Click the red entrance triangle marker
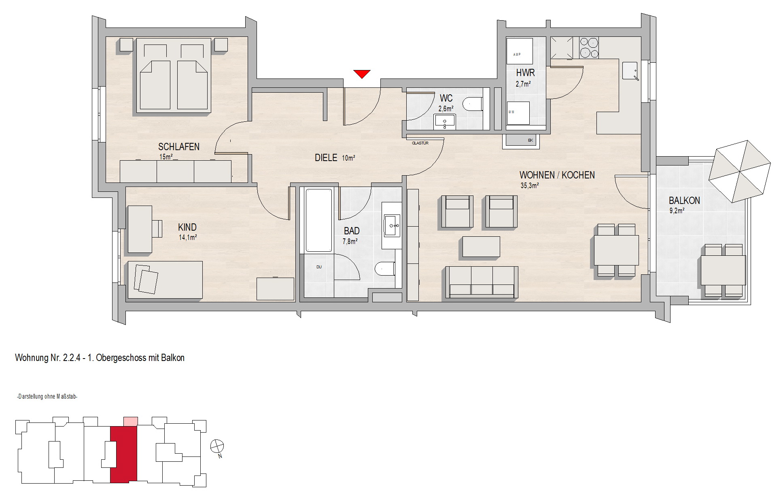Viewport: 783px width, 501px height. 361,74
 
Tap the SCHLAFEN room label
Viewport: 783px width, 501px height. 179,146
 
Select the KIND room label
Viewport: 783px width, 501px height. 187,227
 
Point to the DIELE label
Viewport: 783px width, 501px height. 326,158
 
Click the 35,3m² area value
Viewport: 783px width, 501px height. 529,186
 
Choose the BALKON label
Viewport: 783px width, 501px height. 684,201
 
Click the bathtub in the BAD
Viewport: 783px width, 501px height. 319,220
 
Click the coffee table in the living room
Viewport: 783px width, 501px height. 481,247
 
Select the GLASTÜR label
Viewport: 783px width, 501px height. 420,143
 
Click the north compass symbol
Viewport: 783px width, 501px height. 217,446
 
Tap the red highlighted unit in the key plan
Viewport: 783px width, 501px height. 123,454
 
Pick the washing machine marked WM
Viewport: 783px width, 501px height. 518,113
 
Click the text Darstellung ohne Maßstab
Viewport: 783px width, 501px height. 47,397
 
